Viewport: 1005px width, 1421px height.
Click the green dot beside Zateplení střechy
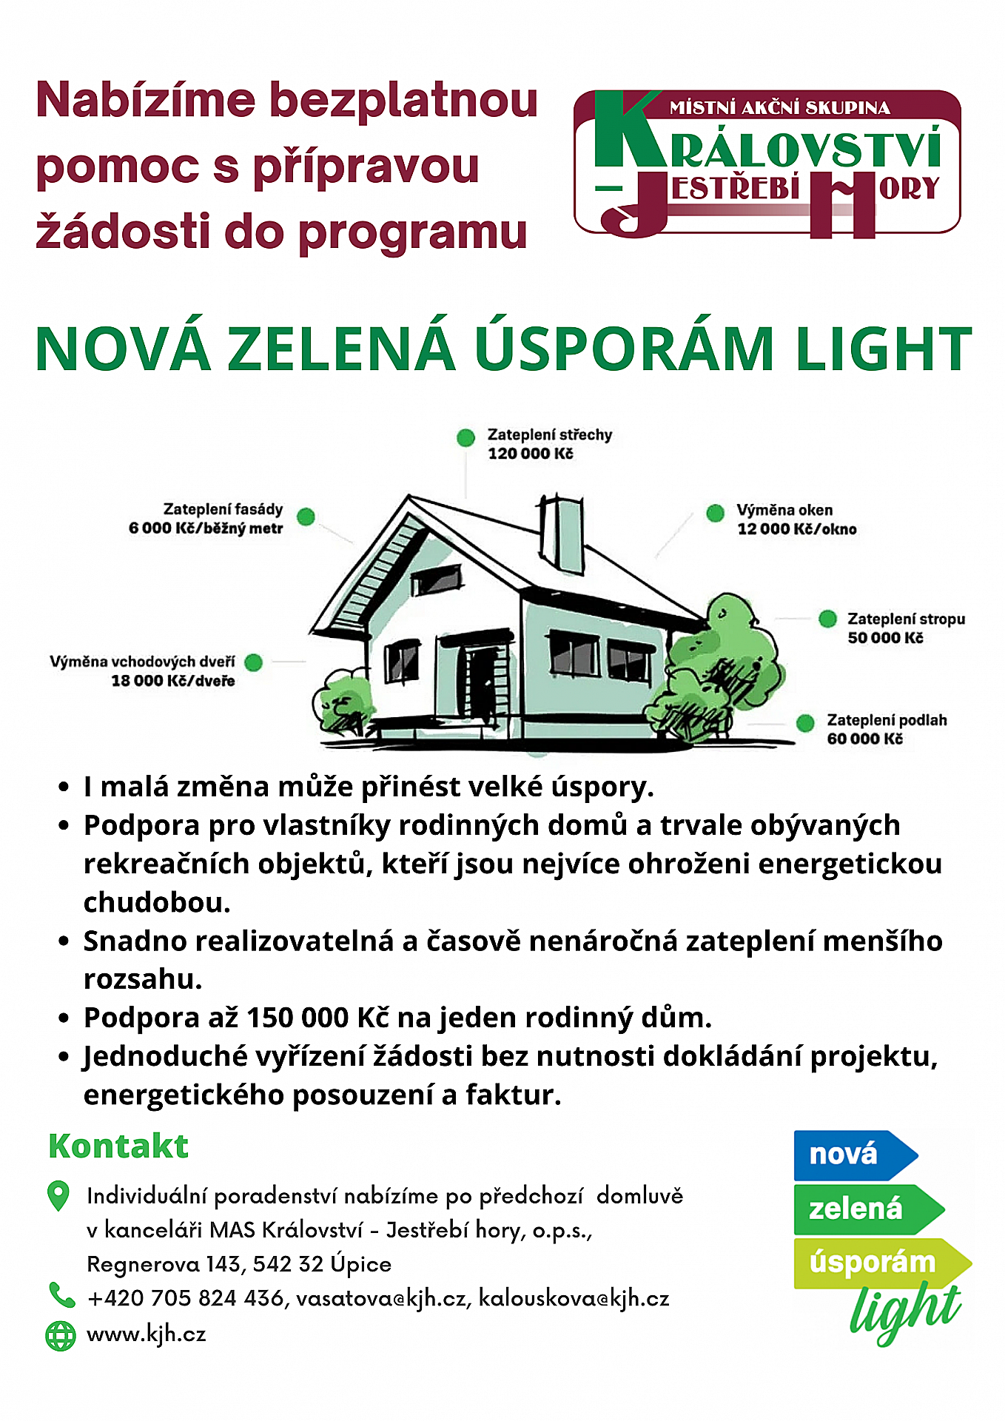tap(465, 437)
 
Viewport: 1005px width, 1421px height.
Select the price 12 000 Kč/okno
tap(797, 529)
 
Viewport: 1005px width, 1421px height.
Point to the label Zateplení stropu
tap(906, 619)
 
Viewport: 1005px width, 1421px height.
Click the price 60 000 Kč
tap(864, 739)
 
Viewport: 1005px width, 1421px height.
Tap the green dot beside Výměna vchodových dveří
tap(254, 662)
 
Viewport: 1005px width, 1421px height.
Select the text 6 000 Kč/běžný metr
tap(206, 528)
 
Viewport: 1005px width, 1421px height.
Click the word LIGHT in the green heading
tap(884, 349)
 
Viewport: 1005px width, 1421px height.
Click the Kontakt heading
tap(118, 1146)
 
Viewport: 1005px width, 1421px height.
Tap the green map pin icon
tap(58, 1195)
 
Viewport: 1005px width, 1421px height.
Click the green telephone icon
tap(61, 1295)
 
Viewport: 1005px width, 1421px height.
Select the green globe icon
tap(61, 1335)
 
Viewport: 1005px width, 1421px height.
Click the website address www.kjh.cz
tap(147, 1334)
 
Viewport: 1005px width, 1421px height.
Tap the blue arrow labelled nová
tap(851, 1155)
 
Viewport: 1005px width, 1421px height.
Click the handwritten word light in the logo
tap(906, 1313)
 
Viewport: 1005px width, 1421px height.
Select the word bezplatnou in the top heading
tap(403, 100)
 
